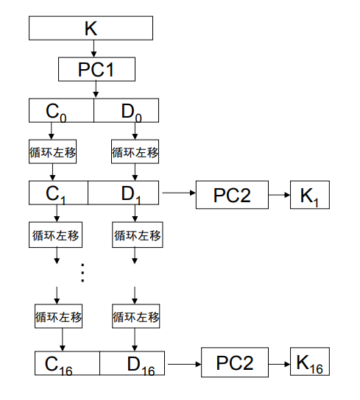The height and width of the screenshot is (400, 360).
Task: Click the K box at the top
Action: click(x=91, y=28)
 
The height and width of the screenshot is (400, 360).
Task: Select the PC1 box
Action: click(x=96, y=69)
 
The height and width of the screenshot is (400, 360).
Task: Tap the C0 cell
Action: click(x=61, y=110)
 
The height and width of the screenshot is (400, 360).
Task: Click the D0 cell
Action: click(x=126, y=110)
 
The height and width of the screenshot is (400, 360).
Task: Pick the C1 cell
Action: click(x=58, y=193)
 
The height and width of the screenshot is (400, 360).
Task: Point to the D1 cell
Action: click(x=124, y=193)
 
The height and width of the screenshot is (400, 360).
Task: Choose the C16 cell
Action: click(x=67, y=363)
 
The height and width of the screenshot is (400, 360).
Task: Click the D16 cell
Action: click(x=132, y=363)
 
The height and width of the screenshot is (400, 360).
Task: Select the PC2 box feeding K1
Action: click(x=232, y=195)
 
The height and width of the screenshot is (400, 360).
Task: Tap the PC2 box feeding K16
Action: click(x=235, y=362)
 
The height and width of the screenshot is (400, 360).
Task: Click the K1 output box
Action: click(x=310, y=195)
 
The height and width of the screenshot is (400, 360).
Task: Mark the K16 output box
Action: click(x=310, y=361)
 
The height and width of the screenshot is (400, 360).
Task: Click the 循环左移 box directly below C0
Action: click(x=52, y=151)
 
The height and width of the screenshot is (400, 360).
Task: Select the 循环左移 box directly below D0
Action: click(x=135, y=151)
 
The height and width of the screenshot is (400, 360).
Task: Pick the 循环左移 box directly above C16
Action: click(x=58, y=316)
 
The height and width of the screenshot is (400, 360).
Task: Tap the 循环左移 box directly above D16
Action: click(x=136, y=316)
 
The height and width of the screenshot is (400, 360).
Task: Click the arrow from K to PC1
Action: click(x=93, y=49)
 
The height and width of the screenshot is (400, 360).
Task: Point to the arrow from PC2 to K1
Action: click(x=279, y=195)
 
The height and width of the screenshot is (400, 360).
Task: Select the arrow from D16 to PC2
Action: click(x=185, y=364)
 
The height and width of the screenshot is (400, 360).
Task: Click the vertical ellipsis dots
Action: click(x=82, y=273)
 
